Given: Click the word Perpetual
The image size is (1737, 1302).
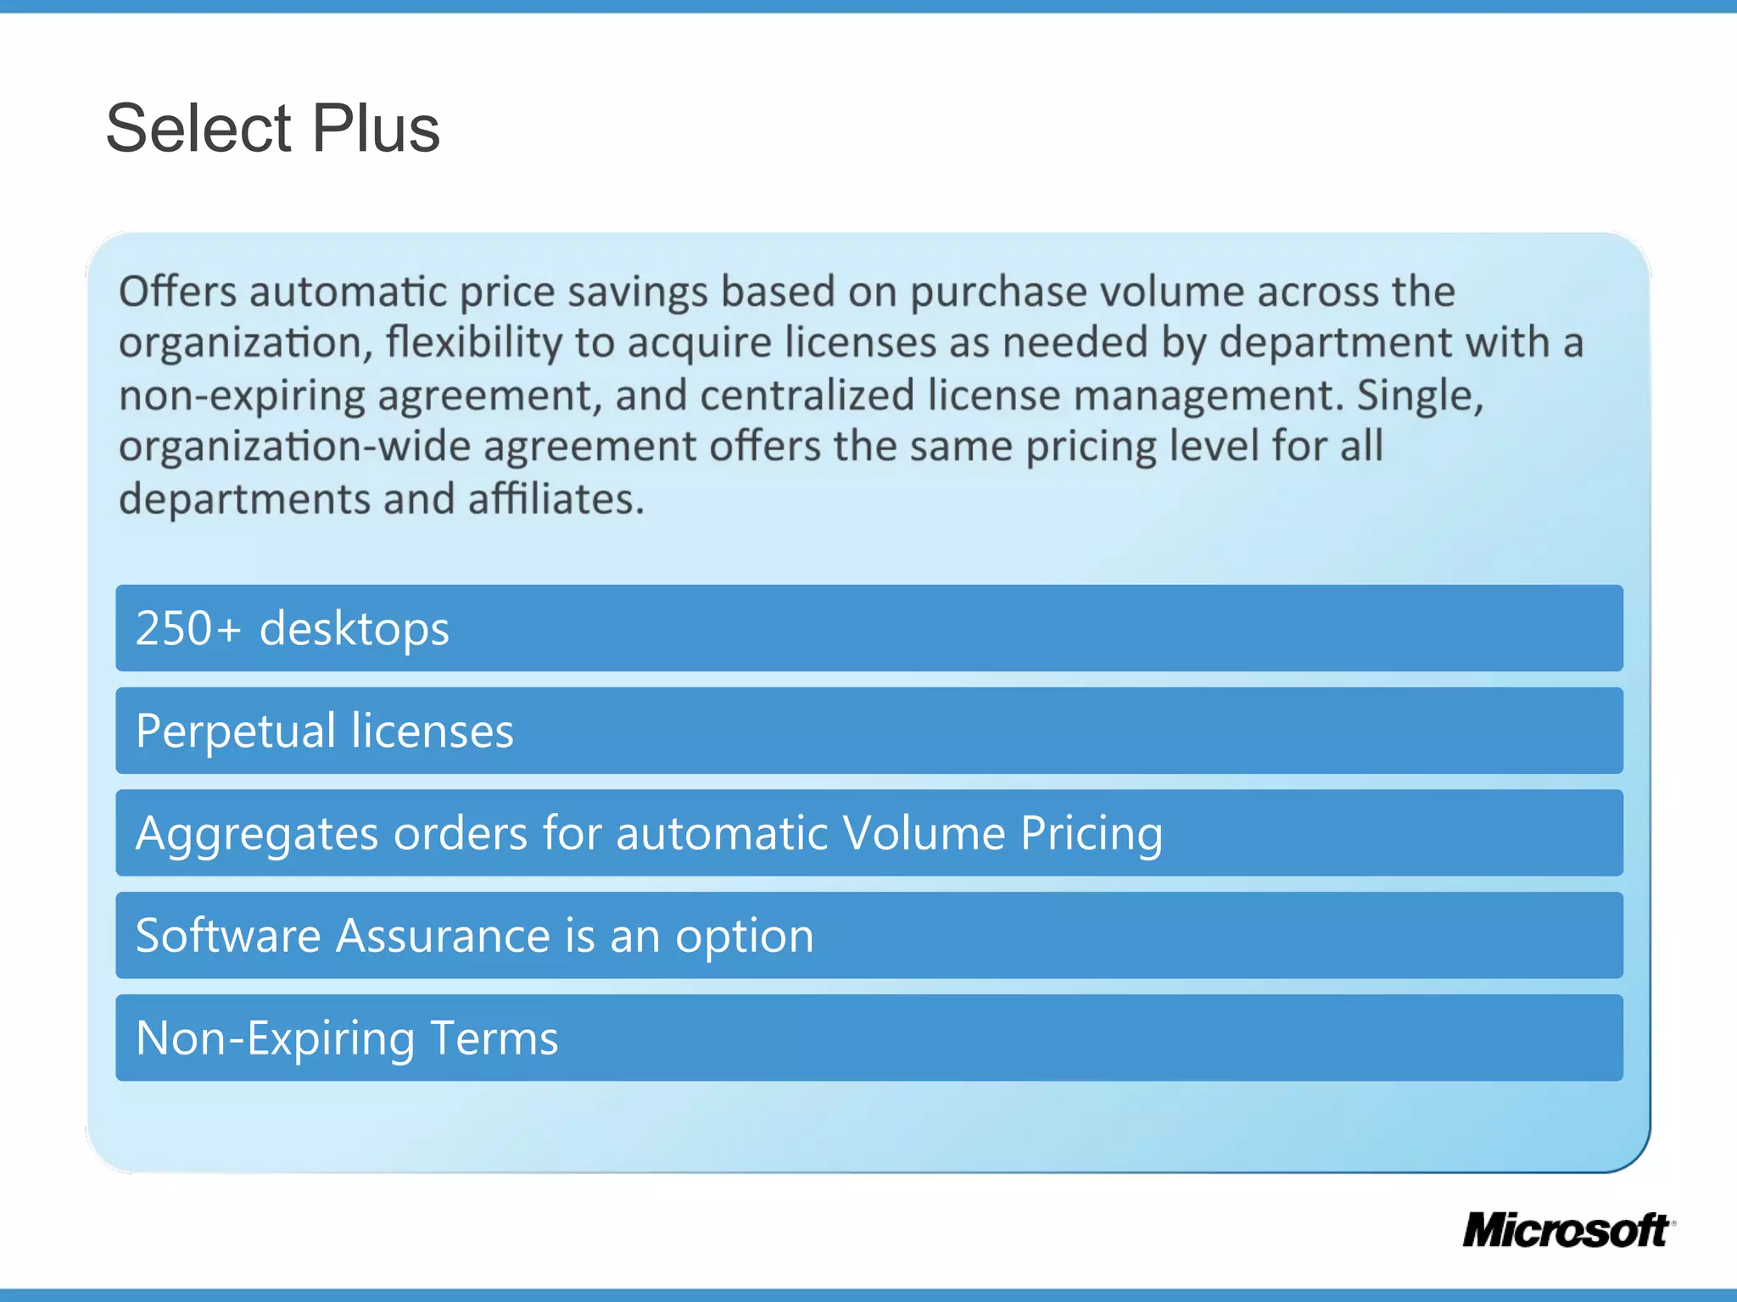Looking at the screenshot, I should pos(236,732).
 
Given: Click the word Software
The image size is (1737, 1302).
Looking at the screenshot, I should pos(228,936).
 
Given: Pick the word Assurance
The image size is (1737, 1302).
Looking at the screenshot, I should pos(444,936).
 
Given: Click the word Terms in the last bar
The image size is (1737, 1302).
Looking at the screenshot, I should pos(494,1038).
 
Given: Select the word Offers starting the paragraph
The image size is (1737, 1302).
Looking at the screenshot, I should pos(177,292).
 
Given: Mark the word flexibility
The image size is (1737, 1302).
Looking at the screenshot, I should pos(473,343).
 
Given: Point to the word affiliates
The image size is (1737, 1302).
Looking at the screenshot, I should pos(556,498).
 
